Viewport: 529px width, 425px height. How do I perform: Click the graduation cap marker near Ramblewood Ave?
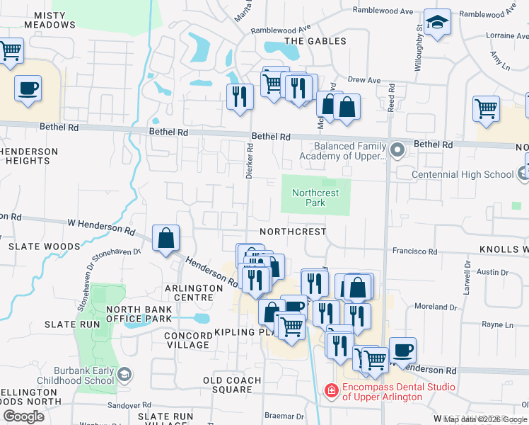point(437,23)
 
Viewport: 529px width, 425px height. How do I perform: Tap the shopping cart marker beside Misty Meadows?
point(10,51)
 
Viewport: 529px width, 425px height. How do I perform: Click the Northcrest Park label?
point(315,198)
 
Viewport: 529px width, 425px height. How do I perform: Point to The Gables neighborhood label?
point(315,41)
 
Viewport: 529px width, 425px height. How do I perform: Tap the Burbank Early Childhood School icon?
point(124,373)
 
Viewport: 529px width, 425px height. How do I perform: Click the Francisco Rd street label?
point(416,251)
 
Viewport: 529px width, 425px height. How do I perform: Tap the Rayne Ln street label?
point(497,324)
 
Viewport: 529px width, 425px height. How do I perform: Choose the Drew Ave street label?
point(365,81)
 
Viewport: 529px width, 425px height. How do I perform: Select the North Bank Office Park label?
point(139,314)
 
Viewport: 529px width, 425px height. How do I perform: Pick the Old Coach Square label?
point(232,385)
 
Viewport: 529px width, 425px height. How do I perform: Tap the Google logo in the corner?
point(23,416)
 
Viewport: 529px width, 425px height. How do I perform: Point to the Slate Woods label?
point(44,246)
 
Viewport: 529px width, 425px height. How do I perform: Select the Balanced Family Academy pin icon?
point(397,150)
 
